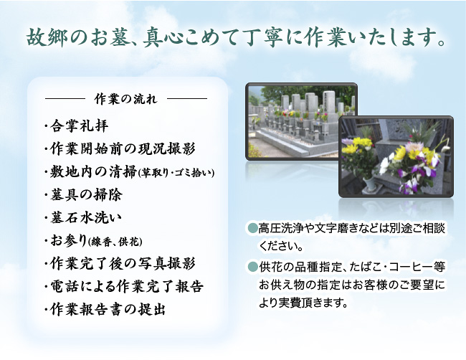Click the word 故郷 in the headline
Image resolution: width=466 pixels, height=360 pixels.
click(45, 38)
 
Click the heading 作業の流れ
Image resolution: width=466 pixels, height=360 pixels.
click(125, 99)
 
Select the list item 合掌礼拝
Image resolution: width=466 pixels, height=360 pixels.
click(80, 126)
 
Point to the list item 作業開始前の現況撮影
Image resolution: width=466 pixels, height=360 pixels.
click(123, 148)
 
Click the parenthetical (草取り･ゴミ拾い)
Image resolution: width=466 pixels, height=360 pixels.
click(176, 173)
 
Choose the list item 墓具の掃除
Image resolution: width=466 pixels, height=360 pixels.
click(86, 195)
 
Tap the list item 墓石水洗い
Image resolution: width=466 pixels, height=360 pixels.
click(86, 218)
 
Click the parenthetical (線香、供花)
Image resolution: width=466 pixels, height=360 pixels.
click(115, 242)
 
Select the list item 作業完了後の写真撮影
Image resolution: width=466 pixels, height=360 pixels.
click(123, 263)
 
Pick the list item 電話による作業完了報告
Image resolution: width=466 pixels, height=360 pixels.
click(127, 286)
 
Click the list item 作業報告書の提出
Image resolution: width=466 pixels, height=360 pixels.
click(108, 309)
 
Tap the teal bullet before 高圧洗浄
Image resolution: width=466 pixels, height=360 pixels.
click(252, 228)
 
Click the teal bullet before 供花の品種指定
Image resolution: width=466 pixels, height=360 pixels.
click(252, 266)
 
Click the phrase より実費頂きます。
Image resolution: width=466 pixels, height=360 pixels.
click(303, 303)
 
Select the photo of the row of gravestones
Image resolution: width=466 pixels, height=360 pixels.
click(301, 121)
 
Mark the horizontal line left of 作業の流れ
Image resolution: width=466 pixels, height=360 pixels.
click(65, 98)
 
